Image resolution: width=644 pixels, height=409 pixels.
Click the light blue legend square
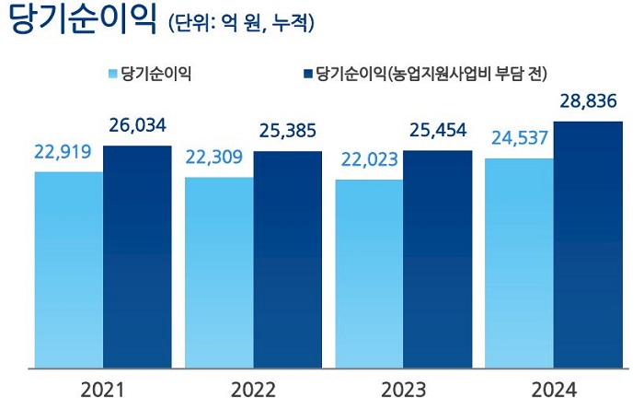click(x=114, y=73)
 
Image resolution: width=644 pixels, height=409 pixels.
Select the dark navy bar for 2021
click(x=137, y=257)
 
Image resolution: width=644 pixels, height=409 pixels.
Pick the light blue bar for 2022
click(x=219, y=273)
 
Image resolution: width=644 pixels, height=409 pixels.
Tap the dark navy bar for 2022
click(x=287, y=260)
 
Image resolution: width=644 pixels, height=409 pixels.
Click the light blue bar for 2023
click(x=369, y=274)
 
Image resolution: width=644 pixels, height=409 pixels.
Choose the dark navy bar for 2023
click(x=437, y=259)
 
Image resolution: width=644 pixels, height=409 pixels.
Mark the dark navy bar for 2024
click(x=587, y=245)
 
